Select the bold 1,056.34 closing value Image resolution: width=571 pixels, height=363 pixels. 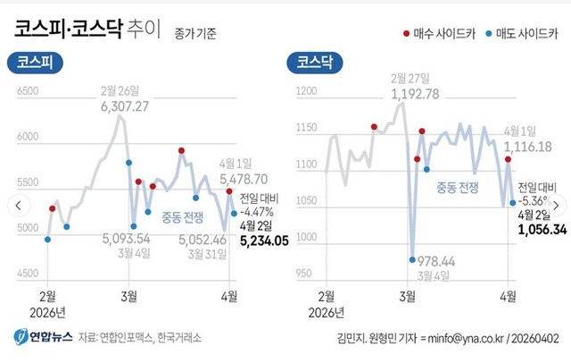point(542,230)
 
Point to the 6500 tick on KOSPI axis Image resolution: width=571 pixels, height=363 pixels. point(28,91)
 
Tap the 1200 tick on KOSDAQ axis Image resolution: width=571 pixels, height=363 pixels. point(306,91)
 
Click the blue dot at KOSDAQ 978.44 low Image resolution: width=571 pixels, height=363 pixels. point(412,259)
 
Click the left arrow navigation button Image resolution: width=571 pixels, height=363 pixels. point(15,205)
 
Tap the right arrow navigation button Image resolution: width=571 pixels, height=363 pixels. point(556,205)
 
